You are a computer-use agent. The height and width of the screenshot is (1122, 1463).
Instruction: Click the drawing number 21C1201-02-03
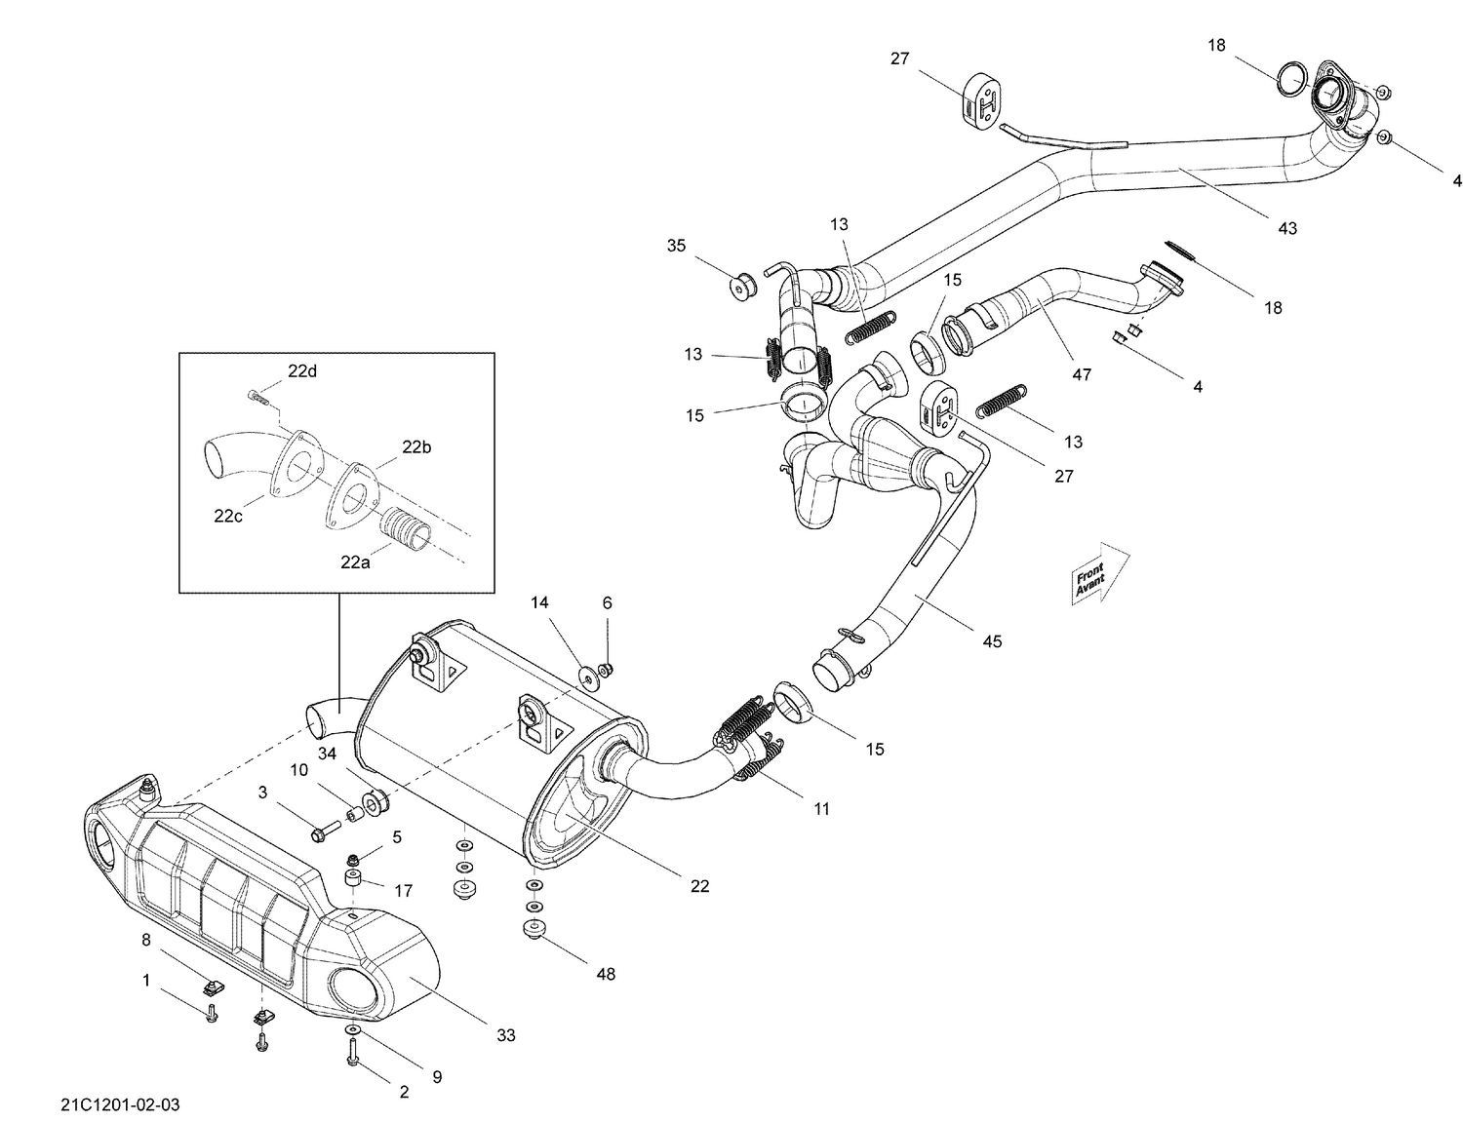(119, 1104)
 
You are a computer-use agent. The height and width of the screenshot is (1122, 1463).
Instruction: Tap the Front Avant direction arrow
(1100, 573)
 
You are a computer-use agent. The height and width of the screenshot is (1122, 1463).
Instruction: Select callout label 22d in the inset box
(301, 370)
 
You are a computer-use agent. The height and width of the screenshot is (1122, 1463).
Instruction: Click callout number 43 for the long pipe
(1287, 228)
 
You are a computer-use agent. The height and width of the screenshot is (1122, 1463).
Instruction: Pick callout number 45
(992, 641)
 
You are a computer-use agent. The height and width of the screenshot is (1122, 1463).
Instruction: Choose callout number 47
(1082, 374)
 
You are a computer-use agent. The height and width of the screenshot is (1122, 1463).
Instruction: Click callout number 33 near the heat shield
(505, 1035)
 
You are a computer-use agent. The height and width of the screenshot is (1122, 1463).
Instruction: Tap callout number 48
(606, 974)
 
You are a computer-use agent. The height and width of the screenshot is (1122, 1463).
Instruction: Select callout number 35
(677, 246)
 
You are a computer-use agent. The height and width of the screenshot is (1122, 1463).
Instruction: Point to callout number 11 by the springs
(821, 808)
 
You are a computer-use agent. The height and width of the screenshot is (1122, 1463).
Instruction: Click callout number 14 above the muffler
(539, 602)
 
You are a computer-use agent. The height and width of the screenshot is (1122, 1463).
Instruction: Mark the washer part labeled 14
(589, 675)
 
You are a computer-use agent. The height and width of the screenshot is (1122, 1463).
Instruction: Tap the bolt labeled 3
(324, 832)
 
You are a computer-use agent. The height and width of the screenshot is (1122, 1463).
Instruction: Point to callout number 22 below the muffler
(699, 886)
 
